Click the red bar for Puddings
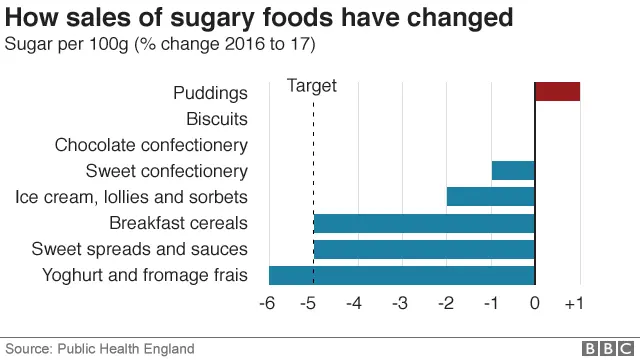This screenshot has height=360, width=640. click(x=557, y=92)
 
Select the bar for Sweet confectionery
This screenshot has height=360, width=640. click(x=513, y=170)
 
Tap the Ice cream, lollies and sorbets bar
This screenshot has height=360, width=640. click(x=491, y=196)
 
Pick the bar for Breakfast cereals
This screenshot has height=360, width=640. click(x=424, y=222)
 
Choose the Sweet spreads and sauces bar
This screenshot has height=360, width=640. click(x=424, y=248)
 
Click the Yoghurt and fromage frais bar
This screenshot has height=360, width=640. click(x=402, y=275)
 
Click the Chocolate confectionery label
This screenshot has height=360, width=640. click(x=151, y=145)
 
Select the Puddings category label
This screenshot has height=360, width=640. click(x=209, y=93)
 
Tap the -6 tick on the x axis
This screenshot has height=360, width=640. click(x=267, y=304)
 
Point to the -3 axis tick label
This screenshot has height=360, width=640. click(x=400, y=304)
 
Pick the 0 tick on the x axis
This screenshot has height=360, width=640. click(x=536, y=304)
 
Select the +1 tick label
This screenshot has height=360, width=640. click(x=573, y=304)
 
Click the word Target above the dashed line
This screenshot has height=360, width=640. click(x=312, y=86)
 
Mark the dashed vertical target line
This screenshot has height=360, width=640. click(x=314, y=150)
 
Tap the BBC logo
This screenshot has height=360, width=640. click(x=604, y=348)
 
